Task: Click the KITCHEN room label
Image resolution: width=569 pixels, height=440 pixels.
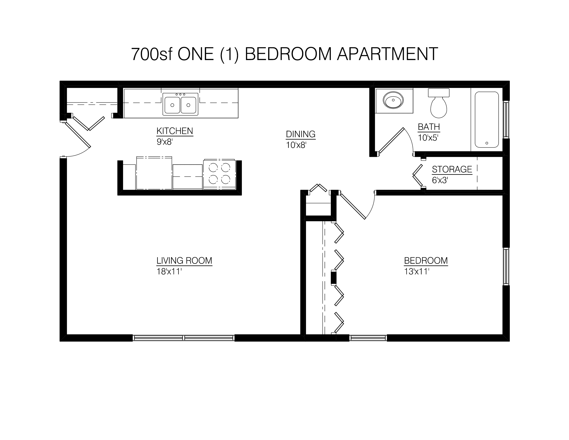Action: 175,131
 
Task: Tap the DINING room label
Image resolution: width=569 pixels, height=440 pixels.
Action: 301,134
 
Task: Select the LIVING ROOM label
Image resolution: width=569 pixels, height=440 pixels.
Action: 184,260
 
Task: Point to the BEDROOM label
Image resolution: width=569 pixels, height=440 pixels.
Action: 426,260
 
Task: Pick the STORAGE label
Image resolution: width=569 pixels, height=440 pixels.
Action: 452,170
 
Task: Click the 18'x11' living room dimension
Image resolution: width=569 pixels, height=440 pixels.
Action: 169,272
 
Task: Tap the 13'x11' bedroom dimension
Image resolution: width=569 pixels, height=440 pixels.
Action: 417,272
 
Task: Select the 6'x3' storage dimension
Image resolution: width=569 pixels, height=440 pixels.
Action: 440,180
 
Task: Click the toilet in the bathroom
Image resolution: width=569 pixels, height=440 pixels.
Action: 439,103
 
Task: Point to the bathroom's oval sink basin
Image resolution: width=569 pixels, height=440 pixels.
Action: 393,100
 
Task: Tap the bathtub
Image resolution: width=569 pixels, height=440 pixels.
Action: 487,120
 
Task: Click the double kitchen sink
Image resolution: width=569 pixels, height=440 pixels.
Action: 180,104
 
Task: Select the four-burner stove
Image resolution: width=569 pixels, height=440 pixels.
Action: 219,174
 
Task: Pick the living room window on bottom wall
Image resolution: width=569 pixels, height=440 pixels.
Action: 184,338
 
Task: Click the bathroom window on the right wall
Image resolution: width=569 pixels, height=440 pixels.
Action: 506,120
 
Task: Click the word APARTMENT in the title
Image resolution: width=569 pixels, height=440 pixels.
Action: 387,54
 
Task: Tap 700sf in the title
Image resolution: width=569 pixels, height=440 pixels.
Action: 152,54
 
